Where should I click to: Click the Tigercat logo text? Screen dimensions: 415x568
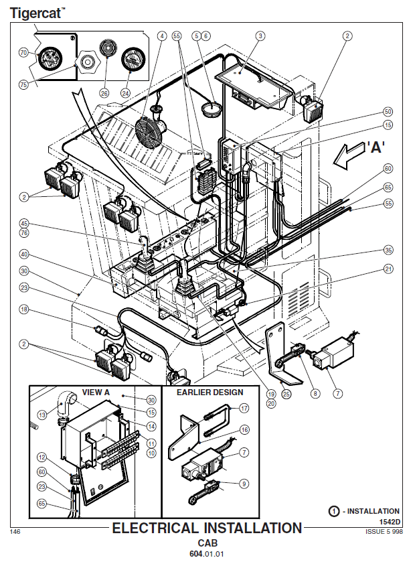pyautogui.click(x=37, y=13)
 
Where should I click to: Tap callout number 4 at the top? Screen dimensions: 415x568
pyautogui.click(x=162, y=36)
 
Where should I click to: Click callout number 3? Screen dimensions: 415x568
pyautogui.click(x=260, y=36)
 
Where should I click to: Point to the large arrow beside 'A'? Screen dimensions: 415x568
pyautogui.click(x=349, y=155)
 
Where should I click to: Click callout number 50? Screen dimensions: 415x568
pyautogui.click(x=388, y=112)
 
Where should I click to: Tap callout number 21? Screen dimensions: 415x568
pyautogui.click(x=388, y=269)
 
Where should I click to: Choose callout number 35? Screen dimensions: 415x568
pyautogui.click(x=388, y=250)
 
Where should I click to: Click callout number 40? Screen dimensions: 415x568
pyautogui.click(x=24, y=255)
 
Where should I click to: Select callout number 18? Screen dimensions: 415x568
pyautogui.click(x=24, y=309)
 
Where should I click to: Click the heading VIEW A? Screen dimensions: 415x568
pyautogui.click(x=96, y=393)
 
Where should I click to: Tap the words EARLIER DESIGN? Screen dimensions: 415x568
pyautogui.click(x=210, y=393)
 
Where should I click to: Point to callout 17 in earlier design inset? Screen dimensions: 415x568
pyautogui.click(x=244, y=409)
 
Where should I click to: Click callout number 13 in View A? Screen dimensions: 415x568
pyautogui.click(x=42, y=415)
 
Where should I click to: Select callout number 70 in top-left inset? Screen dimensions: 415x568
pyautogui.click(x=23, y=53)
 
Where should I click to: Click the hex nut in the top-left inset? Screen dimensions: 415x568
pyautogui.click(x=87, y=62)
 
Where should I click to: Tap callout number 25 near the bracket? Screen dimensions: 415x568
pyautogui.click(x=286, y=394)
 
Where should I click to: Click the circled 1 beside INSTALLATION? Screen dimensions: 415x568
pyautogui.click(x=334, y=511)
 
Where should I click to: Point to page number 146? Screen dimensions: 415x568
pyautogui.click(x=15, y=532)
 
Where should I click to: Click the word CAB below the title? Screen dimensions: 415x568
pyautogui.click(x=207, y=543)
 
